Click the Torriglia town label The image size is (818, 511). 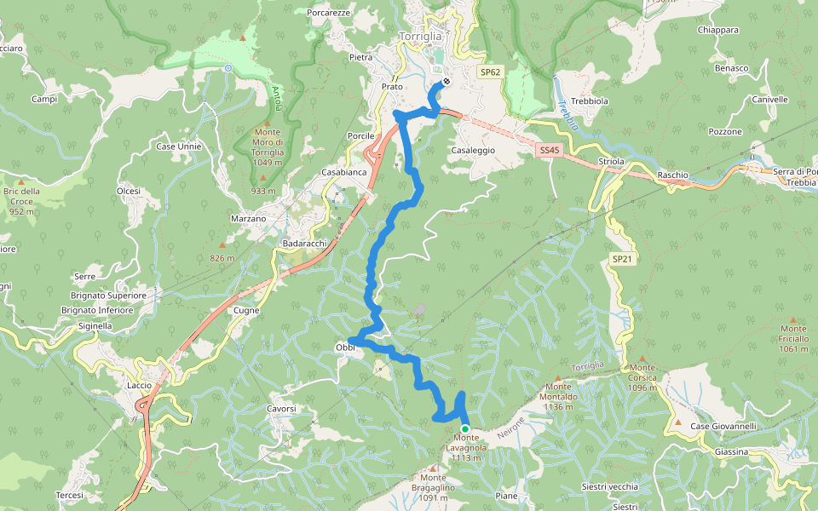(x=421, y=37)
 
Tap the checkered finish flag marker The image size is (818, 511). (x=446, y=83)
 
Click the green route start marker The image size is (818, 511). (x=465, y=428)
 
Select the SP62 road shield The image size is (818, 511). (x=489, y=73)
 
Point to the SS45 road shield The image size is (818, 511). (x=550, y=150)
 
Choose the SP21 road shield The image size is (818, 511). (x=621, y=258)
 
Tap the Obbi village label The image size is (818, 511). (x=344, y=347)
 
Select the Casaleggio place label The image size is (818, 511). (x=473, y=150)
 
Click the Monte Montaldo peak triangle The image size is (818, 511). (x=559, y=376)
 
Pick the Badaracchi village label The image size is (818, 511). (x=304, y=244)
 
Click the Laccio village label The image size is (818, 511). (x=139, y=386)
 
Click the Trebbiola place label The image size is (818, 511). (x=590, y=100)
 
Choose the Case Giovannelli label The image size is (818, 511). (x=723, y=426)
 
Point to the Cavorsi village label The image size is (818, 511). (x=281, y=409)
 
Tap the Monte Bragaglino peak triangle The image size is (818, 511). (x=434, y=468)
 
